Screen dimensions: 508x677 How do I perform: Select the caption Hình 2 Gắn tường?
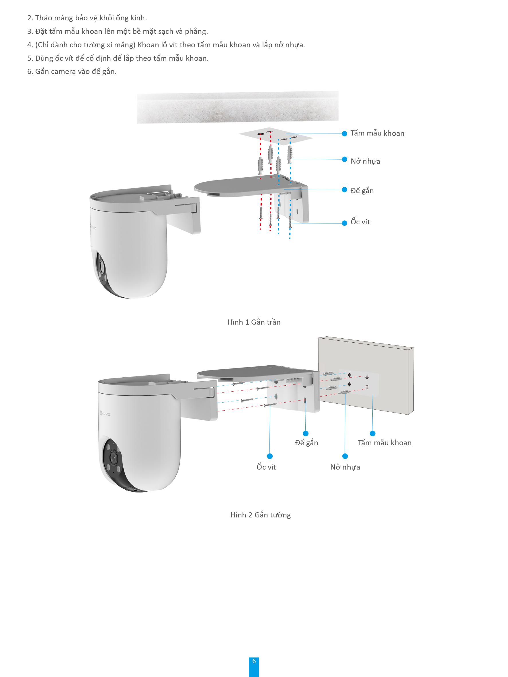coord(261,515)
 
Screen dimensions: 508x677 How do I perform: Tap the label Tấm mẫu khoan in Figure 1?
coord(377,133)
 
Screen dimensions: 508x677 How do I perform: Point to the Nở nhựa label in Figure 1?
coord(365,161)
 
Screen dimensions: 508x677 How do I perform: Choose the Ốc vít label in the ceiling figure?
coord(360,221)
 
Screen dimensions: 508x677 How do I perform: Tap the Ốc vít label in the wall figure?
coord(266,467)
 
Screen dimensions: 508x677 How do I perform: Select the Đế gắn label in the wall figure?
coord(306,443)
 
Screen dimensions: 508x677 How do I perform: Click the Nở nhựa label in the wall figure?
coord(345,467)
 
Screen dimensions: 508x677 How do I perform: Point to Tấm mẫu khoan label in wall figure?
coord(385,443)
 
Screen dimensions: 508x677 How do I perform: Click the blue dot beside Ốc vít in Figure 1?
coord(345,223)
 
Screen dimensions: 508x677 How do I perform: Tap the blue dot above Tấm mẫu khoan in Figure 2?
coord(373,433)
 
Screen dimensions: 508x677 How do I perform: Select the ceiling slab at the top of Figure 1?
coord(238,107)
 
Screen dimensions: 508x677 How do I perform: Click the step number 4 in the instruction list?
coord(30,45)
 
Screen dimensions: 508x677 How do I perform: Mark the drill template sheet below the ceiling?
coord(276,135)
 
